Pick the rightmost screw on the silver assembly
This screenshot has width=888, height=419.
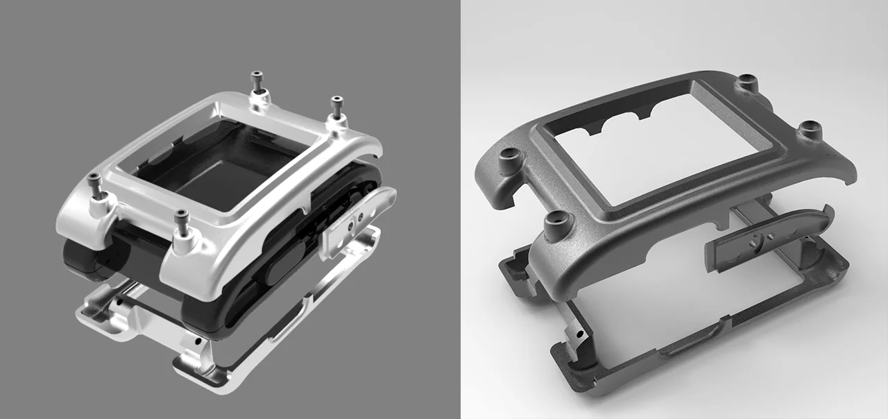(x=337, y=106)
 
